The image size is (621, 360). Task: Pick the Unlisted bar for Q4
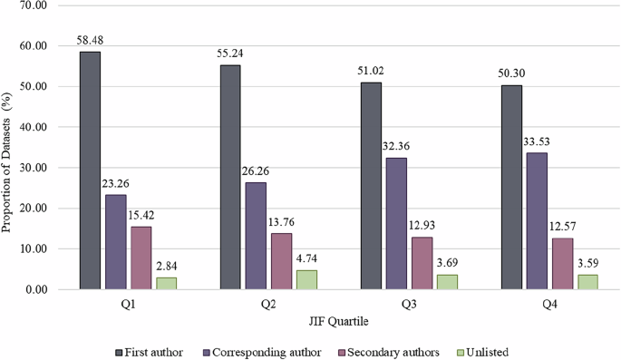[587, 282]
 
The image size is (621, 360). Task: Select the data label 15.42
[140, 218]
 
